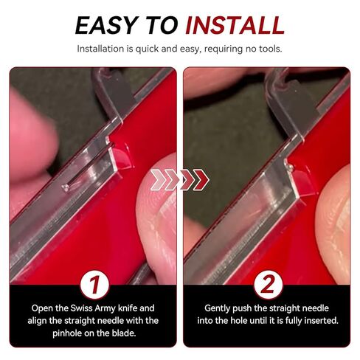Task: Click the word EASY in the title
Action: (x=106, y=25)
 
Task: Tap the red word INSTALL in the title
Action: (x=235, y=25)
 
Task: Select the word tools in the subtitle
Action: (x=270, y=49)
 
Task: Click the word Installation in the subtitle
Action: (x=101, y=49)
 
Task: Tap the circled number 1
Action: (x=94, y=285)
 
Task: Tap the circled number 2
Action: (x=268, y=285)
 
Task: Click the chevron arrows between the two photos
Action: (x=180, y=180)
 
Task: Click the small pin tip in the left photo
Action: (x=66, y=188)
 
